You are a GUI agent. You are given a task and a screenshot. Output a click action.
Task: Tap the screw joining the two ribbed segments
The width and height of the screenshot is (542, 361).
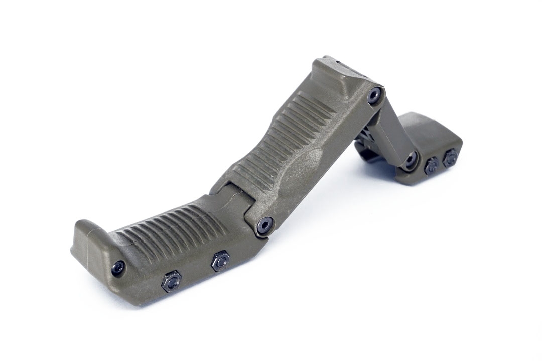coord(264,225)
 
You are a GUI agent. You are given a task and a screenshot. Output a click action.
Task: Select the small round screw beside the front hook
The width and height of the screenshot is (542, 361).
coord(119,267)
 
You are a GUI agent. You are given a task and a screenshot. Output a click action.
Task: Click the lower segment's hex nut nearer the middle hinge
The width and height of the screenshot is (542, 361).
coord(220,261)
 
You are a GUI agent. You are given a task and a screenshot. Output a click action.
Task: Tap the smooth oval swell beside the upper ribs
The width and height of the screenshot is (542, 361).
coord(306,166)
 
